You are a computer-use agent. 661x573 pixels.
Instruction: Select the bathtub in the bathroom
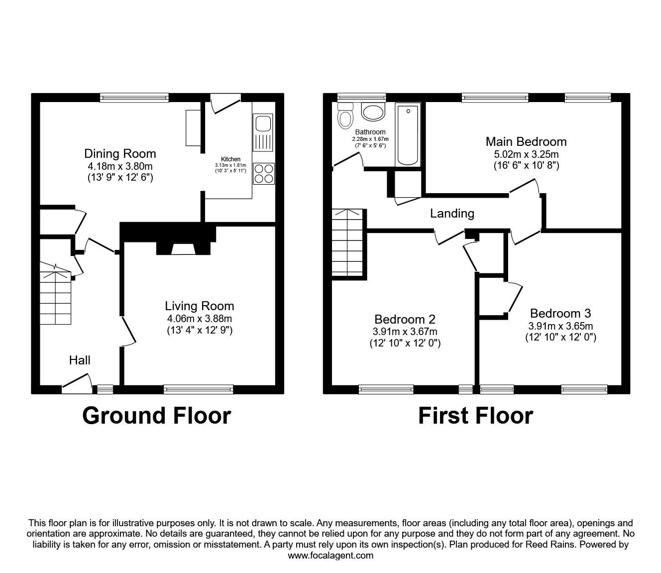[408, 134]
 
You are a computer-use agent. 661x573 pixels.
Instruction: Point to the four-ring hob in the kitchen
[263, 173]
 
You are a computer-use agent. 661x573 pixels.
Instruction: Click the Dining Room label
[120, 153]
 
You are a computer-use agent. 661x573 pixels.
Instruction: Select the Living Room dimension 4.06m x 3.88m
[199, 319]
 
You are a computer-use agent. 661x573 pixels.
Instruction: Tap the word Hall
[80, 360]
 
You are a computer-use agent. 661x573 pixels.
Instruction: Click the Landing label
[452, 214]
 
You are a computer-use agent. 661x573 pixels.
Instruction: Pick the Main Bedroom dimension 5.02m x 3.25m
[526, 154]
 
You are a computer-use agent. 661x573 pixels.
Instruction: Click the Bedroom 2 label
[405, 319]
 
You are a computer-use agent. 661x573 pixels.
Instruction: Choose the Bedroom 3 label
[560, 313]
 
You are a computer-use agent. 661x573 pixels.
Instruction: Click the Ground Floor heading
[156, 415]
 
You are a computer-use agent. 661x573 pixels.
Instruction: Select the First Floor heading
[475, 415]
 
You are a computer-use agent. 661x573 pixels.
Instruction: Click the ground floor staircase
[56, 296]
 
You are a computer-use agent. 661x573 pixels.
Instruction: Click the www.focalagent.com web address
[330, 556]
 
